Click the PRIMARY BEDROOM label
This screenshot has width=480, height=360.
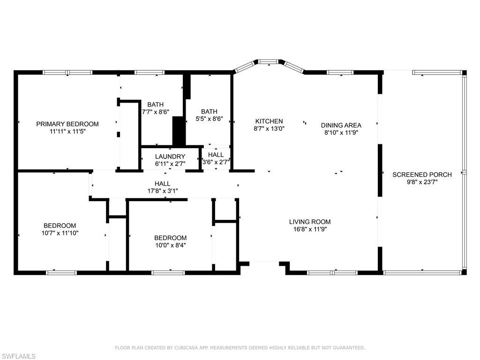67,124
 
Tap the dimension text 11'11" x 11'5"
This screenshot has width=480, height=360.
67,132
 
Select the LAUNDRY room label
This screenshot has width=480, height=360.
170,157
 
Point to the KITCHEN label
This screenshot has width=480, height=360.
269,121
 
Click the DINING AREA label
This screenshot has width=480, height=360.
341,125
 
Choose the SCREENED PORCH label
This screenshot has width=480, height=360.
422,174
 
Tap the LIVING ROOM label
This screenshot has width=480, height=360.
309,222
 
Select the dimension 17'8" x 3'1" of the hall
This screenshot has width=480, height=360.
163,191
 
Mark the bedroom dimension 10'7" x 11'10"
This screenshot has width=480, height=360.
60,233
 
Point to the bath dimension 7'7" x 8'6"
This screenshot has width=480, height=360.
155,112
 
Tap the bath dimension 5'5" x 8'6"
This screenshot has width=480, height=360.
209,119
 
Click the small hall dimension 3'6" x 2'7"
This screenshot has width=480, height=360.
216,162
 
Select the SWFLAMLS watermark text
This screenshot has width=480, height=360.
18,357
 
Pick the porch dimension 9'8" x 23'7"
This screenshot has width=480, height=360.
422,182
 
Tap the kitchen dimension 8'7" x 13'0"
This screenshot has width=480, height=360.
269,128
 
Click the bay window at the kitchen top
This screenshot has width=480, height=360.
268,61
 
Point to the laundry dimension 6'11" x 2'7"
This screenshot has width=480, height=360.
170,164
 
